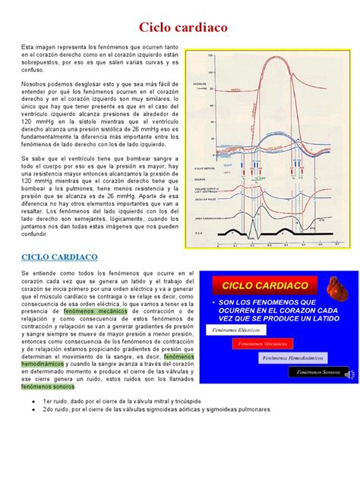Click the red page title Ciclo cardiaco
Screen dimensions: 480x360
pyautogui.click(x=180, y=28)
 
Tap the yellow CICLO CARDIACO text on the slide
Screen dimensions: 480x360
pyautogui.click(x=265, y=286)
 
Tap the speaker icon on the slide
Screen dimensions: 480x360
pyautogui.click(x=346, y=374)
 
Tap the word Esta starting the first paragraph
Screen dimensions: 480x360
pyautogui.click(x=27, y=47)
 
